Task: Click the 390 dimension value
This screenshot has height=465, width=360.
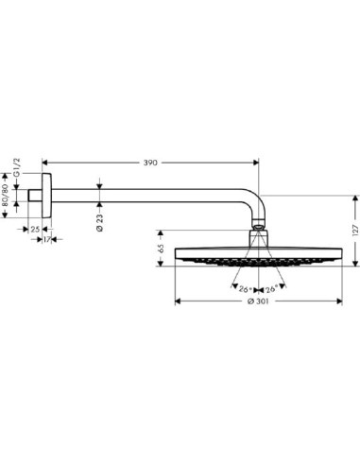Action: [150, 163]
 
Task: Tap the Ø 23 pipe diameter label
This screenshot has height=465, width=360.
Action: [99, 223]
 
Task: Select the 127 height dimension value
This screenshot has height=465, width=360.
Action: [355, 231]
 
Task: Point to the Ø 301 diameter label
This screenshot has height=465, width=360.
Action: [258, 301]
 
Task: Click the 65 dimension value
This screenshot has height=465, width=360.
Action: [161, 249]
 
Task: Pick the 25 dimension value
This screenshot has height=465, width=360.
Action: [35, 230]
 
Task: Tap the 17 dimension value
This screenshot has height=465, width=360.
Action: [46, 240]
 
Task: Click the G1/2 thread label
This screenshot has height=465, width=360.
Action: [18, 167]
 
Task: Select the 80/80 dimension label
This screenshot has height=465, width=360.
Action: [5, 196]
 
